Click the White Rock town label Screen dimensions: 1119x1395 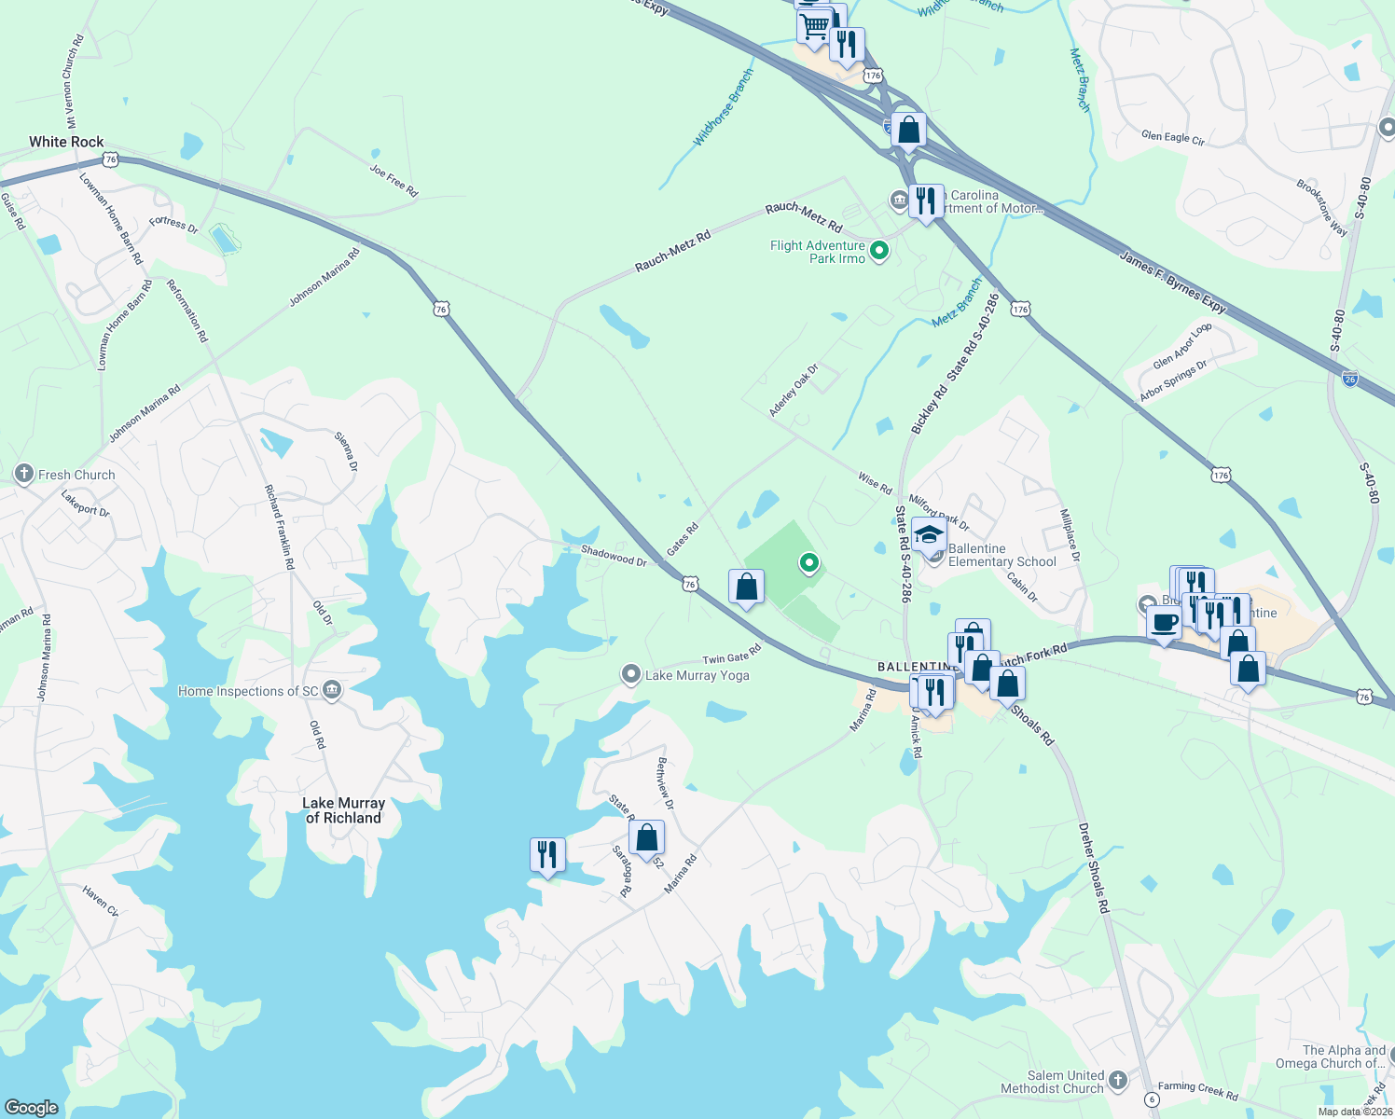click(x=66, y=142)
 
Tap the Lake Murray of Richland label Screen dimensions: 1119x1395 click(x=343, y=810)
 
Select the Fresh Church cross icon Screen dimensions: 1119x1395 click(x=24, y=475)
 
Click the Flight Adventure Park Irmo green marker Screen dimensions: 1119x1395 click(x=878, y=251)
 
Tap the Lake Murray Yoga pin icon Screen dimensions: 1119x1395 click(x=631, y=674)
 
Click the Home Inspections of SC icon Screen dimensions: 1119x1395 click(x=332, y=691)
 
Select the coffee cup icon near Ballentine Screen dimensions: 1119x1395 click(x=1164, y=622)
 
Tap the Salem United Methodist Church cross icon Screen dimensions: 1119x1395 click(x=1117, y=1081)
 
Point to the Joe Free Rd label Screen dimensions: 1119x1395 click(x=394, y=180)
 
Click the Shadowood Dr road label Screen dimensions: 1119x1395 click(x=614, y=556)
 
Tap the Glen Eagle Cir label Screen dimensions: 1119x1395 click(x=1172, y=137)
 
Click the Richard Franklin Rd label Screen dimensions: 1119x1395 click(x=279, y=527)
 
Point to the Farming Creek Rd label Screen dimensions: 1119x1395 click(x=1197, y=1090)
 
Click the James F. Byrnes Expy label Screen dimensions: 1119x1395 click(x=1173, y=282)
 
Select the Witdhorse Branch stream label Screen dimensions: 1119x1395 click(x=723, y=108)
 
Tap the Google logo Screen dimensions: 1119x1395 click(x=32, y=1107)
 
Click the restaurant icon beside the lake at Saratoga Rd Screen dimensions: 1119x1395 click(x=547, y=854)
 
